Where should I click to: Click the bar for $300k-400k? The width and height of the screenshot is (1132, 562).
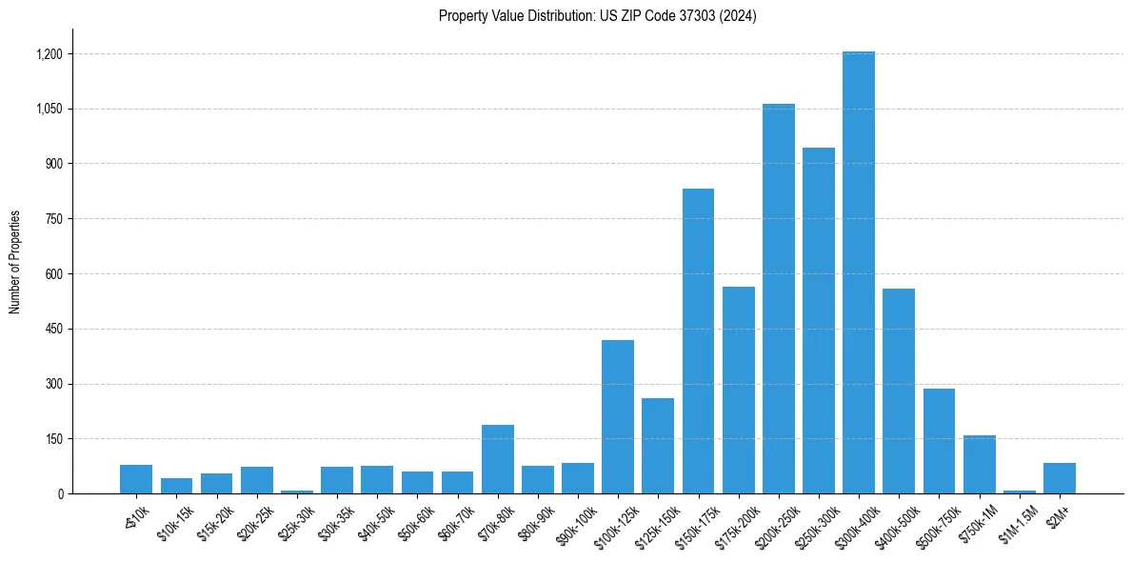click(858, 272)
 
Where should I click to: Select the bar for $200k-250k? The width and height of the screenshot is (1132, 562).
click(778, 298)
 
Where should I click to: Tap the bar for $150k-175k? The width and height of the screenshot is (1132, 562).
click(698, 341)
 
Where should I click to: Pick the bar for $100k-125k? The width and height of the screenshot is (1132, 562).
click(617, 416)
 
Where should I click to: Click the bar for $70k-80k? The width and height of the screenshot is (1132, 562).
click(497, 459)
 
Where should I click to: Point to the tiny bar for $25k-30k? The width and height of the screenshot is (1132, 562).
click(296, 492)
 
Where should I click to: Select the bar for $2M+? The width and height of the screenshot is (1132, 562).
click(1059, 478)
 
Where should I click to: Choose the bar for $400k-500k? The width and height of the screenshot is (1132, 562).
click(898, 391)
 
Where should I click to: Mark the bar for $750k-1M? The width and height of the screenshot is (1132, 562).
click(979, 464)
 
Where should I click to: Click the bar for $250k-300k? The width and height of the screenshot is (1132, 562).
click(818, 320)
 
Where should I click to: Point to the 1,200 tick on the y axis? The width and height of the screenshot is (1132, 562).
click(49, 54)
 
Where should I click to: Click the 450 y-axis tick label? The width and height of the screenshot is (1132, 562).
click(53, 330)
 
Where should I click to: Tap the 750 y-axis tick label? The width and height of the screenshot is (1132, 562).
click(53, 219)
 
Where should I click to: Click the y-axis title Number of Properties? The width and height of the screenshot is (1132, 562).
click(15, 262)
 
